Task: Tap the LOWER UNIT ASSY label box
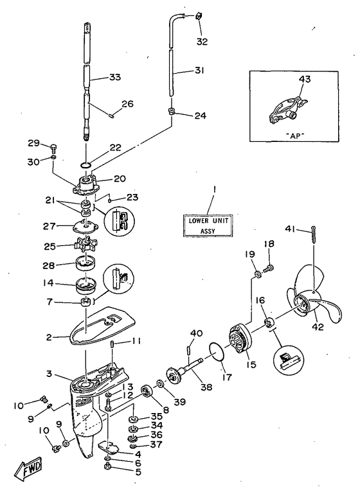(208, 225)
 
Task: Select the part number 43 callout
(305, 79)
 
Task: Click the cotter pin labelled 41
(314, 234)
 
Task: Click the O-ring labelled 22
(86, 164)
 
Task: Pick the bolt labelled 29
(53, 146)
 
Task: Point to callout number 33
(115, 77)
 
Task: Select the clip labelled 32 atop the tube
(198, 15)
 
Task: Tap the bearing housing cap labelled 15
(241, 340)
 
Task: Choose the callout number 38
(206, 387)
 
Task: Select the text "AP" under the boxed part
(296, 136)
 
